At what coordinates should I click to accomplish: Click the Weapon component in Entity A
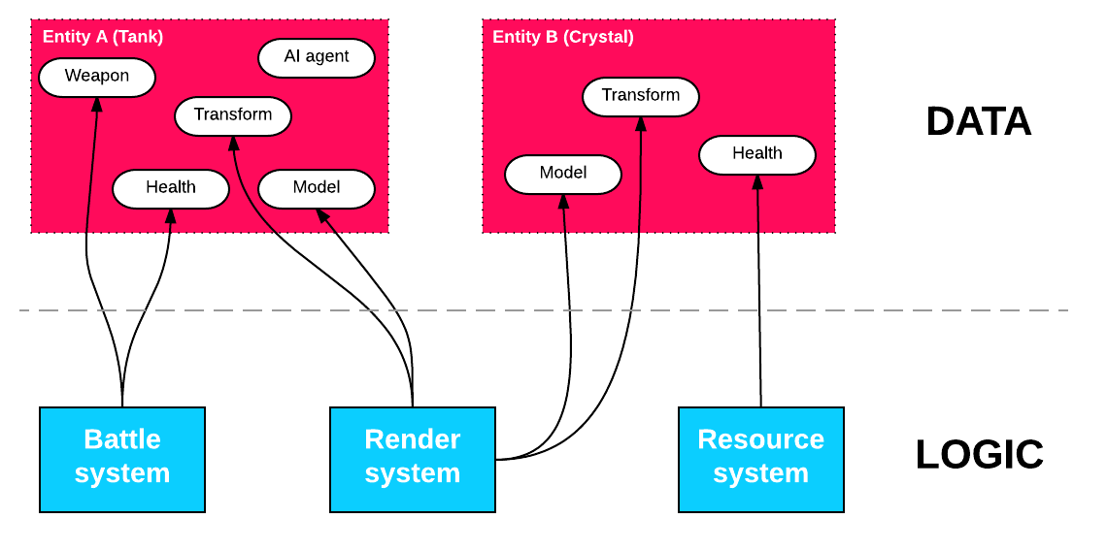[97, 78]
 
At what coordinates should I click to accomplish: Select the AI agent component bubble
[317, 58]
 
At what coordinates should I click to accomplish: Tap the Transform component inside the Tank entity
[233, 116]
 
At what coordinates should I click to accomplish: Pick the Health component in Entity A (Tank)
[171, 189]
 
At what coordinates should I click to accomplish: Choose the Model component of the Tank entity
[317, 189]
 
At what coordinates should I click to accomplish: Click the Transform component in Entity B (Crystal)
[641, 97]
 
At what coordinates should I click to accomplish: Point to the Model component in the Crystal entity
[563, 175]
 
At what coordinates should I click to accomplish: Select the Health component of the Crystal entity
[757, 155]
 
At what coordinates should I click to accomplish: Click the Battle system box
[122, 459]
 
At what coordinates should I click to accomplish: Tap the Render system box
[413, 459]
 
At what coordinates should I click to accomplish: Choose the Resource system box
[761, 459]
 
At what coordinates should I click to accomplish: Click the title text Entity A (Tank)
[103, 37]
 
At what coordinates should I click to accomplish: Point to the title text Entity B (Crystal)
[563, 37]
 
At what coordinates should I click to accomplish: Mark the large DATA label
[978, 122]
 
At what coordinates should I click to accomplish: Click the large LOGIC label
[979, 454]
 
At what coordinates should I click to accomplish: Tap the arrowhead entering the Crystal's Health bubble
[757, 183]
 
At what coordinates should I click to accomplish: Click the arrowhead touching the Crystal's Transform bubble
[641, 124]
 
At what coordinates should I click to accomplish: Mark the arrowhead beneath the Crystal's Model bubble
[563, 202]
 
